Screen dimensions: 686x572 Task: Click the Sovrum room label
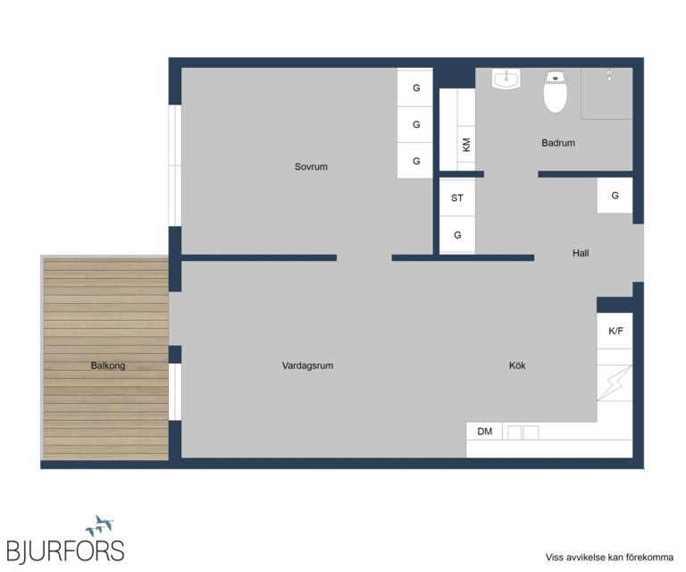311,167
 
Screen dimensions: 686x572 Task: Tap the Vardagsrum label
307,366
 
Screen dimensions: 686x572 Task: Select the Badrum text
557,143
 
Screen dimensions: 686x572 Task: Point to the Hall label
580,253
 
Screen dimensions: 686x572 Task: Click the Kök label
517,366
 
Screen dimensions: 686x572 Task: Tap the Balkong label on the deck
107,366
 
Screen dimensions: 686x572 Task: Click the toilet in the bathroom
556,91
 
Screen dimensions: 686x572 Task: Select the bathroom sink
506,80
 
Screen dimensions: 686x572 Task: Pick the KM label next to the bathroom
466,145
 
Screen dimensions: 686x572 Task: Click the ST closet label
456,198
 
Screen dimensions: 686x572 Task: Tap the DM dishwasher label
484,432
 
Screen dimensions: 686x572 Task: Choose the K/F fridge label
615,331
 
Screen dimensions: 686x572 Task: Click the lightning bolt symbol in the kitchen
614,383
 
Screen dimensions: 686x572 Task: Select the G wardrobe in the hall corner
615,196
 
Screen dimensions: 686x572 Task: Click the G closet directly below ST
457,235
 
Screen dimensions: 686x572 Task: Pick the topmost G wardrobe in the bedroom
415,87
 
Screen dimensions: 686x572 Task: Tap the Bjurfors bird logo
100,526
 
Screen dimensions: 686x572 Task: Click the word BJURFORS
65,551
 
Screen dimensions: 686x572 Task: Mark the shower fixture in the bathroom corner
608,75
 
